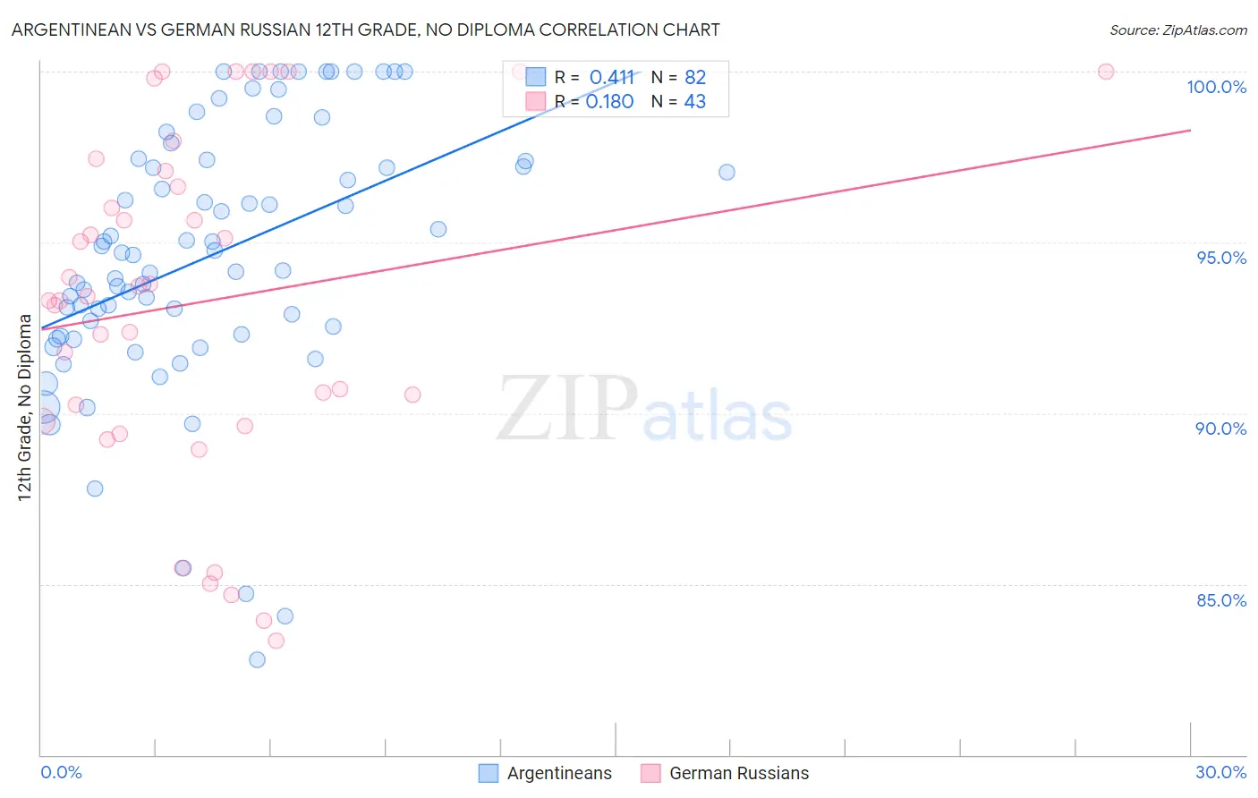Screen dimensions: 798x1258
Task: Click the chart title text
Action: (x=365, y=30)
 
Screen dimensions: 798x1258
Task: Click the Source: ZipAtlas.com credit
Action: (x=1177, y=30)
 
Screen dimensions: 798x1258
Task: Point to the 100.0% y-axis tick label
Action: (x=1216, y=87)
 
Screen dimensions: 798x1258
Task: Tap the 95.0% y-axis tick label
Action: (x=1221, y=258)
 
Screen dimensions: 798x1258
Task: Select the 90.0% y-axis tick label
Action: (x=1220, y=429)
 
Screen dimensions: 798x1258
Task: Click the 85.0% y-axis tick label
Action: (x=1221, y=600)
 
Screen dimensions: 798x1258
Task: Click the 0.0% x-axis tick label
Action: (x=61, y=772)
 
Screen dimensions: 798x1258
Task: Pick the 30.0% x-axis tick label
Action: (x=1220, y=772)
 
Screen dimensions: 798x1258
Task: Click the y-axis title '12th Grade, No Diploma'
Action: (x=25, y=407)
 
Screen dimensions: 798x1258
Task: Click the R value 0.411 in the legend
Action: (x=611, y=78)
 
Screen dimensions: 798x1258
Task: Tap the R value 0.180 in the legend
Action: (x=609, y=102)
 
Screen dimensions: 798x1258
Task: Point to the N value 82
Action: (x=695, y=78)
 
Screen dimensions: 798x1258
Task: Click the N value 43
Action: (x=695, y=102)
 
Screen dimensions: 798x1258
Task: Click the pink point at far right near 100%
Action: (x=1106, y=72)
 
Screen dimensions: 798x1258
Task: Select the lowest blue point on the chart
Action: (x=257, y=660)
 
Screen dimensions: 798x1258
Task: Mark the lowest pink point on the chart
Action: (x=276, y=641)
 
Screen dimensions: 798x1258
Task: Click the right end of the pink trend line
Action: (x=1190, y=131)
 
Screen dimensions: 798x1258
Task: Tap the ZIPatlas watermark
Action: (x=644, y=410)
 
